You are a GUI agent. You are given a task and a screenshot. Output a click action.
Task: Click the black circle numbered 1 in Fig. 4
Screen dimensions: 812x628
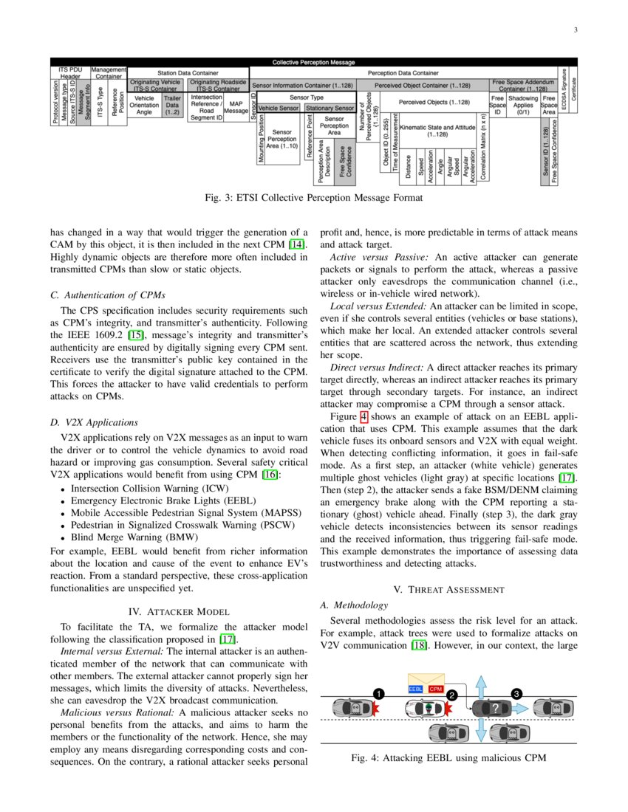(379, 694)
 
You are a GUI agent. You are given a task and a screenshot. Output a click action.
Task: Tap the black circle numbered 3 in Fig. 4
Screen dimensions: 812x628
(516, 693)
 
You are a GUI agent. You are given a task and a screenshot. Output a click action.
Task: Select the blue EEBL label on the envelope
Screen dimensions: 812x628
(416, 689)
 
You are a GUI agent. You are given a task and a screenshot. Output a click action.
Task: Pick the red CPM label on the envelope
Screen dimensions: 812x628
(436, 689)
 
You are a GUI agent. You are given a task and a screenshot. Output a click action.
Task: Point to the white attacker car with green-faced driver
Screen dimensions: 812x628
(426, 709)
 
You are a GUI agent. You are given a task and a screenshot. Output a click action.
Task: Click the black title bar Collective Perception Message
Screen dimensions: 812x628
(313, 63)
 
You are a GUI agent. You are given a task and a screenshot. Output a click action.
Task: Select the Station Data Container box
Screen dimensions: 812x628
(188, 73)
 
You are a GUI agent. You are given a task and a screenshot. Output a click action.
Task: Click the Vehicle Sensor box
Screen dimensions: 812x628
(279, 109)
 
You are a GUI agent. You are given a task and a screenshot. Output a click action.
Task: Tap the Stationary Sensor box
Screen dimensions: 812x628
(330, 109)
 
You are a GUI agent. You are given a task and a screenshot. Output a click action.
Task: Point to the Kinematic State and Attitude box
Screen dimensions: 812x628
(442, 131)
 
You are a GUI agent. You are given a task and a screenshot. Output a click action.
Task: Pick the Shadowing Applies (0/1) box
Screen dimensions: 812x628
(523, 105)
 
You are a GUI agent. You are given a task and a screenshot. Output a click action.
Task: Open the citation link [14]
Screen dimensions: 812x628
(297, 244)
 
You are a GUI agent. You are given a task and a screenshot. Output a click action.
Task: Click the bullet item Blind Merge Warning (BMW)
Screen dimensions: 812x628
(129, 537)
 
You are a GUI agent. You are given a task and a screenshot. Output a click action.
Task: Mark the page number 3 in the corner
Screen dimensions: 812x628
(574, 30)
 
